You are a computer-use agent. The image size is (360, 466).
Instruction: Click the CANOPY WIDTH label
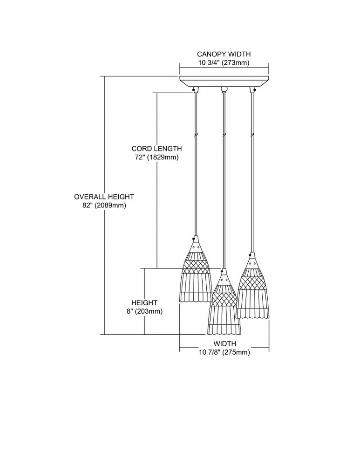224,54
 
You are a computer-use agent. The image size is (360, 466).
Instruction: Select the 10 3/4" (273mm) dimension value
224,63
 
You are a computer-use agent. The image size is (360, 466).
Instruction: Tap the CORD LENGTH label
156,148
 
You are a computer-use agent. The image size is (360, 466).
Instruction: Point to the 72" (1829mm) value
157,157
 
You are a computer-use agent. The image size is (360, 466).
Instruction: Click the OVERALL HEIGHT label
104,197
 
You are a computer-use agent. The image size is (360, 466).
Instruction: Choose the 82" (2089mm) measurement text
104,206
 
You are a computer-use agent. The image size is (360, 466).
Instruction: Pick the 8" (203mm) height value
144,311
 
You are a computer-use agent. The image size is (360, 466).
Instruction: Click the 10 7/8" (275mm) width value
224,352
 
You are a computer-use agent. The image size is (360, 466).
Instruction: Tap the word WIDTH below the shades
225,343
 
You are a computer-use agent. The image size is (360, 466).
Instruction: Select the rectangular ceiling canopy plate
224,82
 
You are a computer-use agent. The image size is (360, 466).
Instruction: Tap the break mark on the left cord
196,134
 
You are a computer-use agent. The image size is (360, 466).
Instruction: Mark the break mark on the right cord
253,134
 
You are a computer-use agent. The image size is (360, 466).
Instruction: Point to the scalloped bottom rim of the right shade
252,317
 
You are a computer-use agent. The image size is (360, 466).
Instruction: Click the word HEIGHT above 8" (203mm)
144,303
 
